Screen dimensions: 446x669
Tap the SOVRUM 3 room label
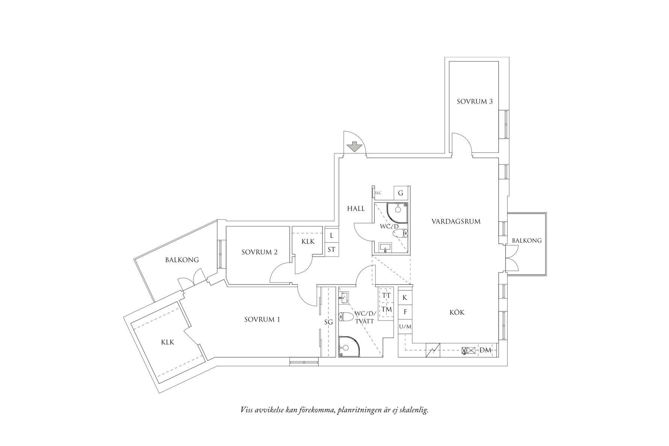[475, 101]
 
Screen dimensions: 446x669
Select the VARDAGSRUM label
[456, 222]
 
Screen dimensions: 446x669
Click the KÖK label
[457, 312]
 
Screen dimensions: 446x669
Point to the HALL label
[356, 209]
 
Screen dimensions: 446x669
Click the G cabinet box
[401, 193]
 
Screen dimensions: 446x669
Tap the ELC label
[378, 193]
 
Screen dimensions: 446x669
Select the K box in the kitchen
[405, 298]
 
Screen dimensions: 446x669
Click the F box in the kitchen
[405, 312]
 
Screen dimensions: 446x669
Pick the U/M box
[405, 327]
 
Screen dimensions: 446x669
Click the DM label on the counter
[486, 350]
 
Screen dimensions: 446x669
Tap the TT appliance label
[386, 296]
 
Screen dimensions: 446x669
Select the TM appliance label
[386, 309]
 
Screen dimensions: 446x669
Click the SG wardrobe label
[328, 322]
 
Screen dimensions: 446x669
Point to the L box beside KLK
[331, 236]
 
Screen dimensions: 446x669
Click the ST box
[331, 249]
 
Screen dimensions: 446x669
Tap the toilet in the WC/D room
[400, 234]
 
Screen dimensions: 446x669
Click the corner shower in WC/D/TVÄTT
[347, 345]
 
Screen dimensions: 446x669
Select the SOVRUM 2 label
[259, 252]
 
